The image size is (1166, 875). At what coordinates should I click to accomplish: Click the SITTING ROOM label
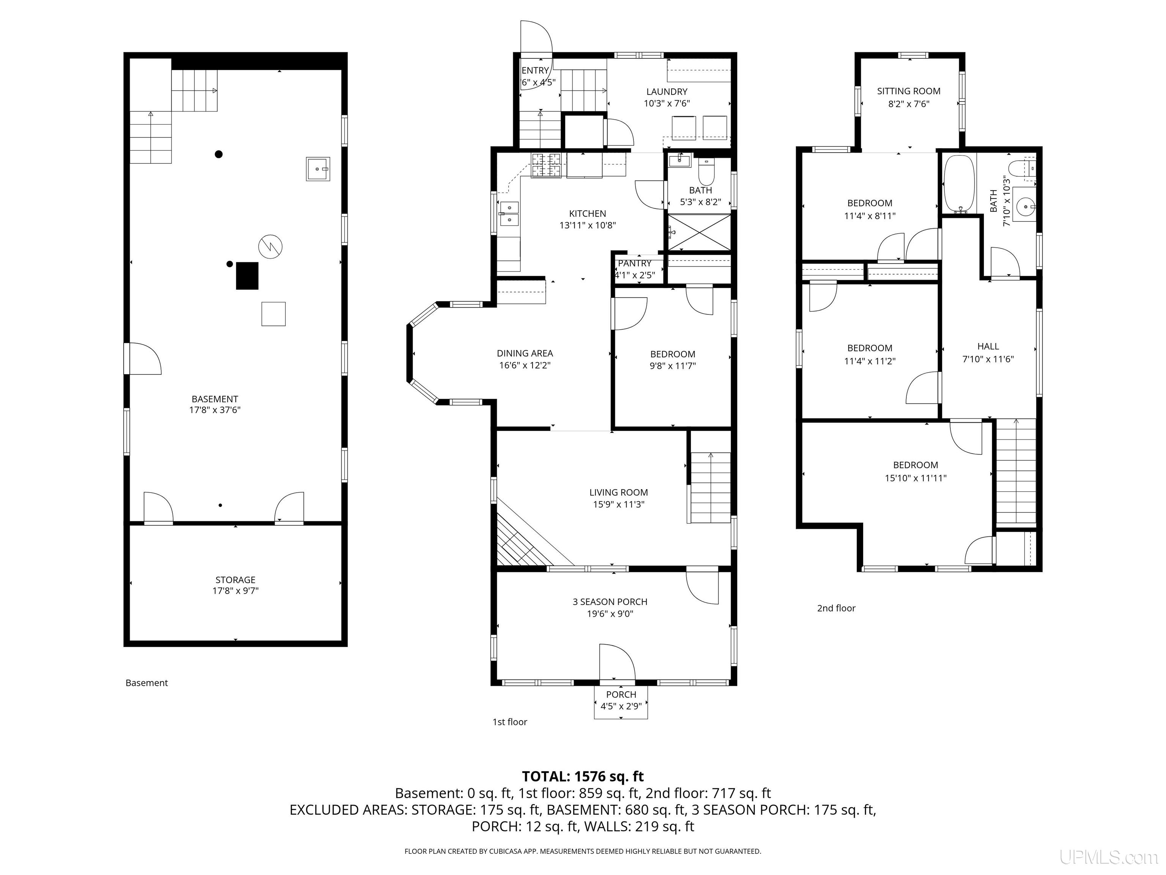coord(908,91)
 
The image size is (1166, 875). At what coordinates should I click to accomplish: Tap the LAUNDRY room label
coord(667,92)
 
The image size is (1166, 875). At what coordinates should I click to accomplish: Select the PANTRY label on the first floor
coord(635,263)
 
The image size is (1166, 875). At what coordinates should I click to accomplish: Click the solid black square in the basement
coord(247,276)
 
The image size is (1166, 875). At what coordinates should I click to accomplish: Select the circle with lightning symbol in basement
coord(270,246)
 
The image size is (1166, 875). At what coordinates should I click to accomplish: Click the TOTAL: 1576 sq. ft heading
coord(583,776)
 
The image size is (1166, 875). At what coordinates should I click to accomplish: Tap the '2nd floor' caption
coord(836,608)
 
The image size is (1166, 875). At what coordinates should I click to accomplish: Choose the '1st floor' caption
coord(510,722)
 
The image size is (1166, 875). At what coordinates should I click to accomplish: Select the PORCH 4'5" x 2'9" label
coord(621,700)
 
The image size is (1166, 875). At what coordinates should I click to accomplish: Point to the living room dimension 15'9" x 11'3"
coord(618,505)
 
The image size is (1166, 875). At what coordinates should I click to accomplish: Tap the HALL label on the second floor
coord(988,346)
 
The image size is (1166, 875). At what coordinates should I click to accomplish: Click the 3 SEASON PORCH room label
coord(610,602)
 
